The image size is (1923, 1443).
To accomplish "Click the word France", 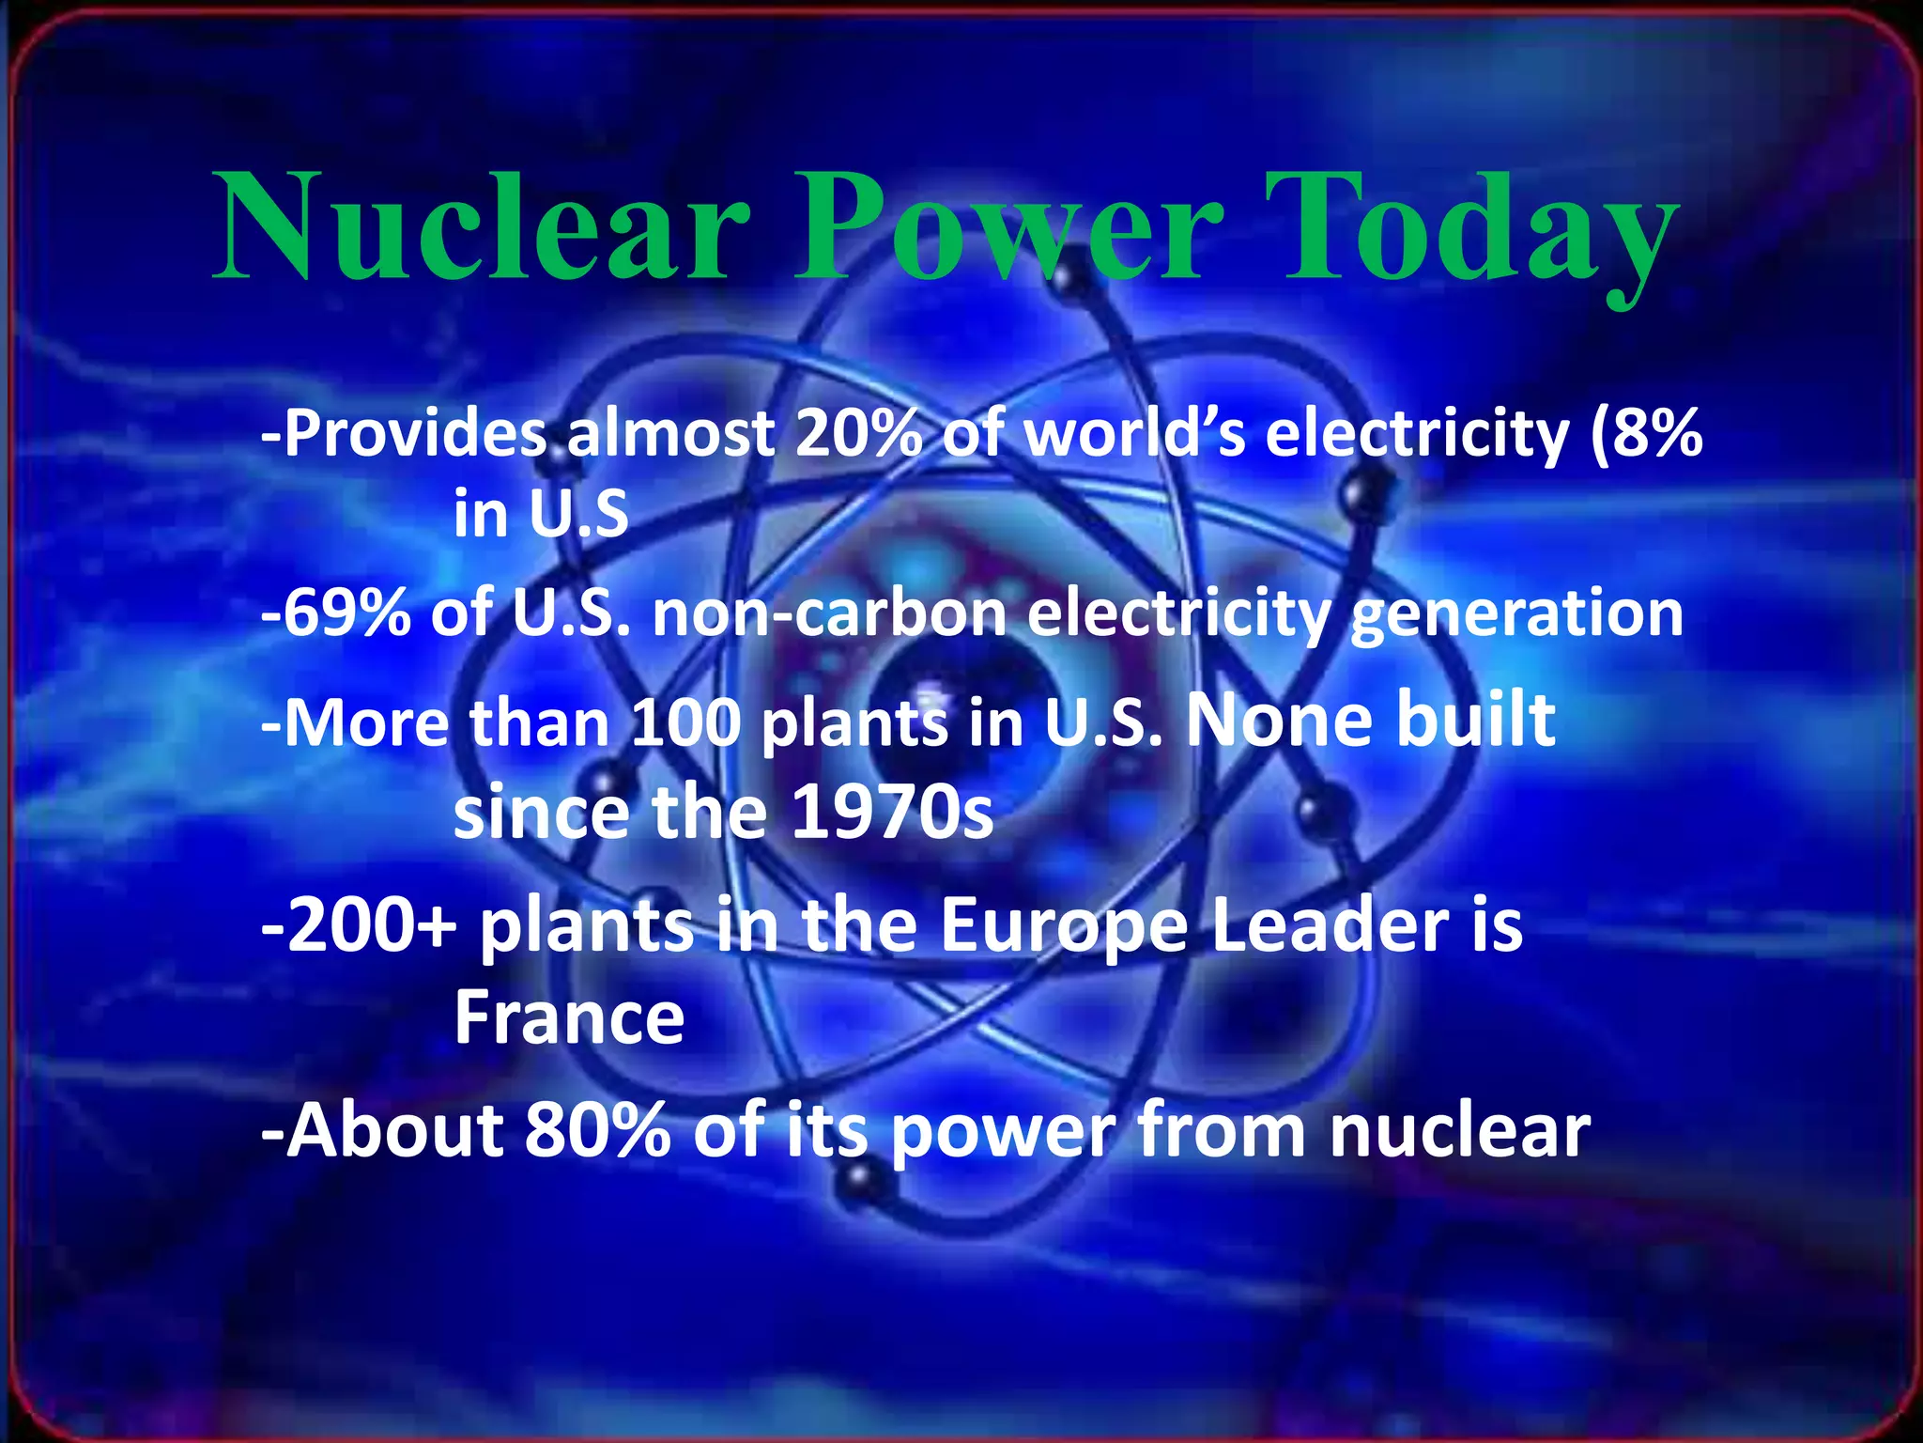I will coord(569,1018).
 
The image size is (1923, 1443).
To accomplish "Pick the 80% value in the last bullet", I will coord(597,1130).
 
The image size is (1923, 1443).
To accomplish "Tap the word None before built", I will coord(1278,721).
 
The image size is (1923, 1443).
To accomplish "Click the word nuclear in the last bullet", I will coord(1460,1130).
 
